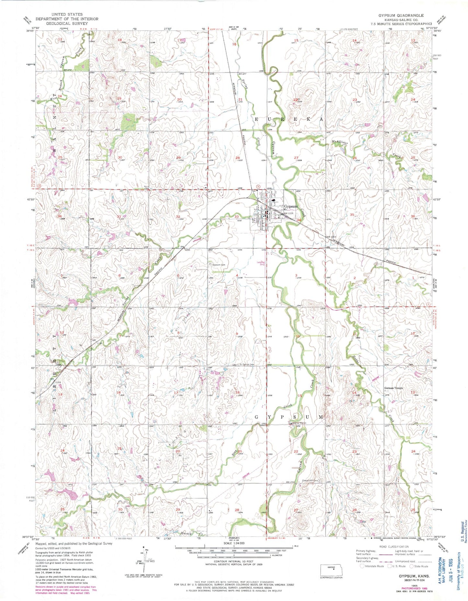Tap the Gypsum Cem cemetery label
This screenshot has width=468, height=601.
coord(219,265)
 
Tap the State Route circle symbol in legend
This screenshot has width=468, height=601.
coord(412,566)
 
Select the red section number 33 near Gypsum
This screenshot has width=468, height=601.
coord(237,217)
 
